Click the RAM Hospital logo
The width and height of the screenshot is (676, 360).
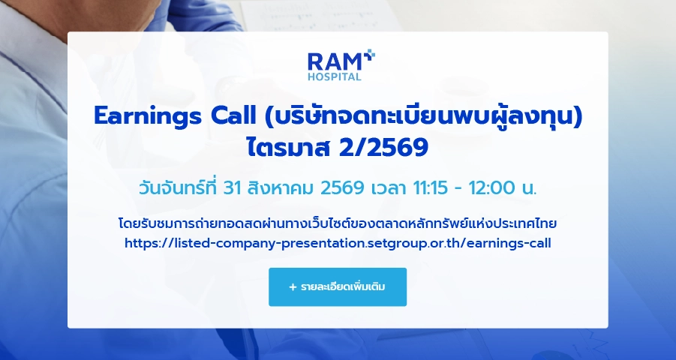341,65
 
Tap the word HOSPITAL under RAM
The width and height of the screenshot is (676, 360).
334,76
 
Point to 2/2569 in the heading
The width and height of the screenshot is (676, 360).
383,148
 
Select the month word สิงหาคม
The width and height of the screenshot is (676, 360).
281,188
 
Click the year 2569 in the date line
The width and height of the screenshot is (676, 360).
342,188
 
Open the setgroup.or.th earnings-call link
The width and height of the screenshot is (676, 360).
338,243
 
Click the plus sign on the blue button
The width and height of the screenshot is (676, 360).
293,287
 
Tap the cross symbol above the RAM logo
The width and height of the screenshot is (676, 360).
369,55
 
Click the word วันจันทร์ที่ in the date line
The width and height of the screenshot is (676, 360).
177,187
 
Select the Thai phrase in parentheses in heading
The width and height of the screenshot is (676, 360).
424,116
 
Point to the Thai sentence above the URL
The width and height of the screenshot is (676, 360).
338,223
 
